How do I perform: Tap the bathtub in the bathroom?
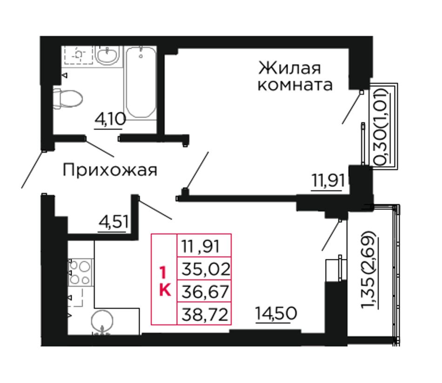(141, 82)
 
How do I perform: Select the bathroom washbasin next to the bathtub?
(107, 55)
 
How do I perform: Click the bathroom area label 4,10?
(110, 119)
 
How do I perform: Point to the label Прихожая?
(110, 171)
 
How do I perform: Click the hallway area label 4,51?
(114, 222)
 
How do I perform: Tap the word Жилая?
(289, 68)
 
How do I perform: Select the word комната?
(295, 85)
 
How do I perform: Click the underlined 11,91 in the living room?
(328, 180)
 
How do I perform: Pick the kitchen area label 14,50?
(276, 313)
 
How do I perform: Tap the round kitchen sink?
(102, 321)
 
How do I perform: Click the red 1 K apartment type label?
(164, 282)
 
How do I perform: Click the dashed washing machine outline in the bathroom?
(79, 55)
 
